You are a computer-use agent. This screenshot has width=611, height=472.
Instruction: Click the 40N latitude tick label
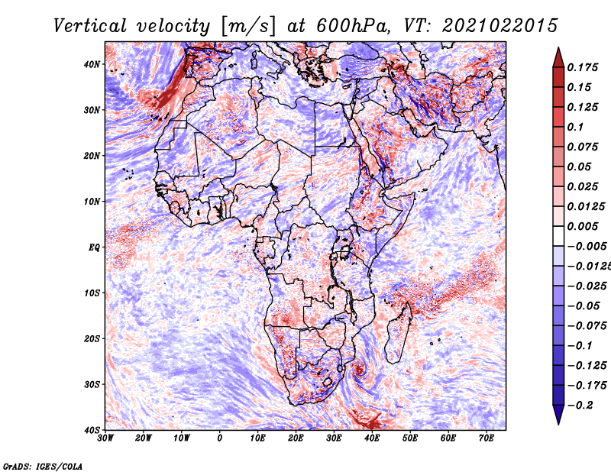coord(92,64)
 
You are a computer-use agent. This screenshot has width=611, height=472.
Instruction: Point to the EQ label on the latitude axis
coord(94,247)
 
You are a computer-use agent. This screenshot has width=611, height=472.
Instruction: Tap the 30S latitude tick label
coord(92,385)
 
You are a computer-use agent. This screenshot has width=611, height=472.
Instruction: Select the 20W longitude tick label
coord(144,438)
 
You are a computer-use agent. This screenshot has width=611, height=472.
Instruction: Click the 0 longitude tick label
coord(220,438)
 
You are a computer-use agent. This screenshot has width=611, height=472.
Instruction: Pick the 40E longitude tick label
coord(372,438)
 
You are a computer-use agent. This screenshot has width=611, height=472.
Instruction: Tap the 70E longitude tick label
coord(487,438)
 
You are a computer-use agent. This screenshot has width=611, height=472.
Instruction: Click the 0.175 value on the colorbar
coord(582,67)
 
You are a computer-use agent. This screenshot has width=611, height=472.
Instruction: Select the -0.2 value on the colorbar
coord(580,406)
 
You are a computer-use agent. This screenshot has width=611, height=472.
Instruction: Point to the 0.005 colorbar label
coord(582,226)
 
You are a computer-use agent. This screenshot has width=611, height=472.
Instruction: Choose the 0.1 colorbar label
coord(576,127)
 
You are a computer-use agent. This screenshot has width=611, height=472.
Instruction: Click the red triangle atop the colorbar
coord(558,57)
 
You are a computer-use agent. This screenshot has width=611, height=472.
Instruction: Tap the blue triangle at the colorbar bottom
coord(558,415)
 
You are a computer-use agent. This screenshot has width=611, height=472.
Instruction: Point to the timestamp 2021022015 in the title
coord(500,26)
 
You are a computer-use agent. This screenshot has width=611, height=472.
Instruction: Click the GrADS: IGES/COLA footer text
coord(43,467)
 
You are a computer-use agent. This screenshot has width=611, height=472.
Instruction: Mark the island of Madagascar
coord(398,333)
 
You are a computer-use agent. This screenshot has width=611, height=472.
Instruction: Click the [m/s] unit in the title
coord(249,26)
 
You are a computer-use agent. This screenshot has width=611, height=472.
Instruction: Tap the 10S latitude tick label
coord(92,293)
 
